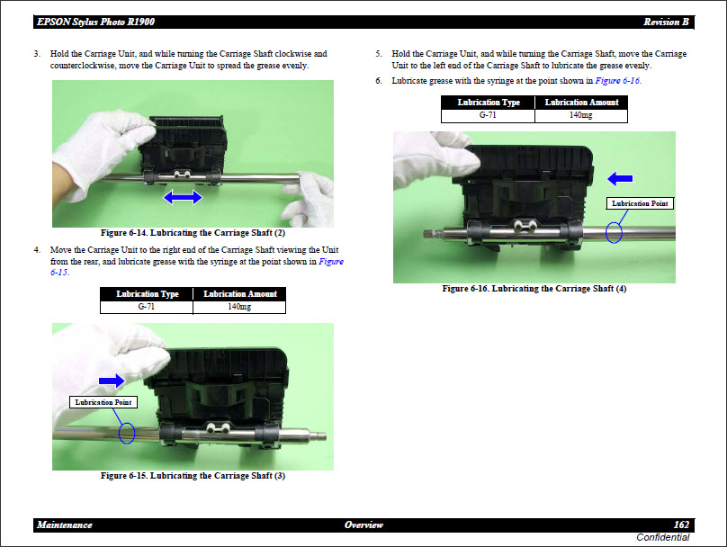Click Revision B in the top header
(x=667, y=22)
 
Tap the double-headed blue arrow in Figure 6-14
(x=182, y=196)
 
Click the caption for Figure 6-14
(x=193, y=234)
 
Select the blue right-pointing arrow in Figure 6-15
(x=112, y=381)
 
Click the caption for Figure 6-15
(x=193, y=476)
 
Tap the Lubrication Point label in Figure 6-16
(x=641, y=203)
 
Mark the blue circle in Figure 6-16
(x=615, y=231)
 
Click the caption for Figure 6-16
(x=534, y=289)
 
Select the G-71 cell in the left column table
(x=148, y=307)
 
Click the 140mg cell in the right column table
(x=580, y=115)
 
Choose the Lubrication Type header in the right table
(x=488, y=103)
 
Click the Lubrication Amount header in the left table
(x=240, y=294)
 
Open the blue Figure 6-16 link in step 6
(x=617, y=80)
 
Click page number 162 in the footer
(x=681, y=525)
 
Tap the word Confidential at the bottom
(x=662, y=538)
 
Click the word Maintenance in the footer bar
(x=65, y=525)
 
